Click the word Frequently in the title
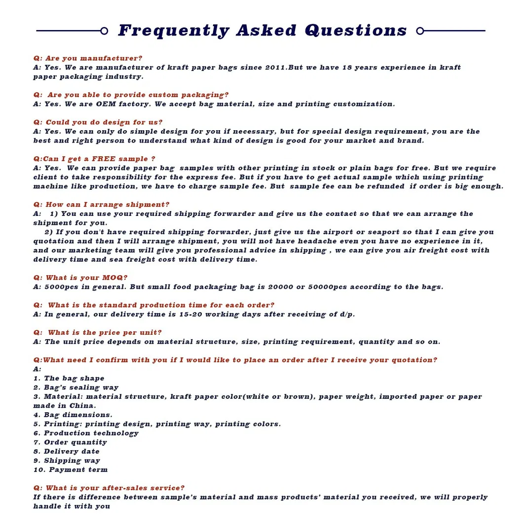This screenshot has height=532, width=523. pos(174,31)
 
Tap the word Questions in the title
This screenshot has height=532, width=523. pos(356,31)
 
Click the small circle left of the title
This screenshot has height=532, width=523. pos(104,31)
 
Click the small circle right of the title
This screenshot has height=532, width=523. pos(420,31)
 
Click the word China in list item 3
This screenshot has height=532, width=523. pos(81,406)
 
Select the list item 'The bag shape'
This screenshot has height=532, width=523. pos(74,378)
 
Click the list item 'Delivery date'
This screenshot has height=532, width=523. pos(72,451)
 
